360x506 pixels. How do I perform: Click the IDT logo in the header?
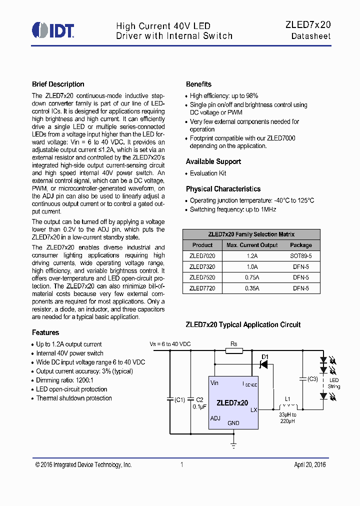(x=53, y=30)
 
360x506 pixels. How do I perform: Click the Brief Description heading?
(x=58, y=84)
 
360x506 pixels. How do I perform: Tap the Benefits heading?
(x=198, y=84)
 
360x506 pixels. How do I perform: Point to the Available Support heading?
(x=213, y=161)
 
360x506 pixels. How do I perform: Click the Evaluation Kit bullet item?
(x=208, y=173)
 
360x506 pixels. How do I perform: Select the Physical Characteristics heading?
(x=223, y=189)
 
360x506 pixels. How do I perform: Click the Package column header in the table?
(x=300, y=245)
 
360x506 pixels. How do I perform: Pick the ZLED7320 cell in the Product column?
(x=202, y=266)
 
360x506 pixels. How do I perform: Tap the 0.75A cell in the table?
(x=252, y=277)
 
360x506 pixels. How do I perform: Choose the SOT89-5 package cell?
(x=300, y=255)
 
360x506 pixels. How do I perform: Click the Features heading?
(x=45, y=332)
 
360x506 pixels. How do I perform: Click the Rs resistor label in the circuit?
(x=233, y=344)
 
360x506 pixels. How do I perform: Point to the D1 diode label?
(x=265, y=356)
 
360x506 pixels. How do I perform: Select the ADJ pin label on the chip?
(x=215, y=418)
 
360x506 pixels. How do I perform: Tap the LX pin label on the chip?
(x=253, y=409)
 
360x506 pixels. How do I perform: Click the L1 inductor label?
(x=287, y=398)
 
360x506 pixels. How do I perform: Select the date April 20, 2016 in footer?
(x=309, y=465)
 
